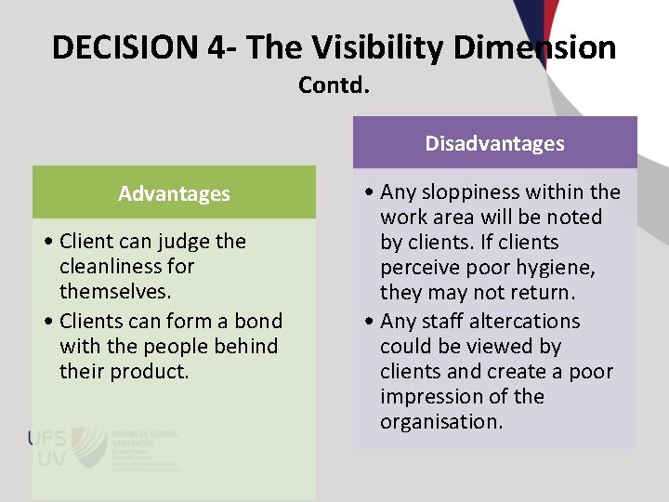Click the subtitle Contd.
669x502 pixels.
[334, 86]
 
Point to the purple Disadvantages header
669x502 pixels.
[494, 143]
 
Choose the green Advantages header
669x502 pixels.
[174, 193]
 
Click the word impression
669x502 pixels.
[429, 397]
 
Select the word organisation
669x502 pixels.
[440, 422]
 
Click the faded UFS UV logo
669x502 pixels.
[56, 449]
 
